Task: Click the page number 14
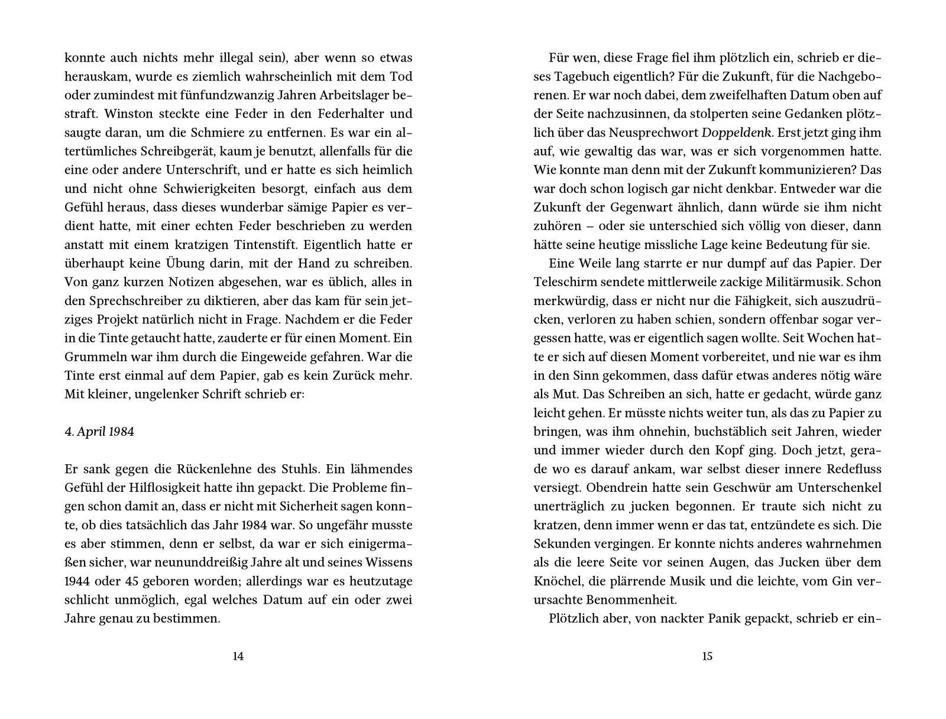tap(238, 656)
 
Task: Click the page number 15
tap(707, 656)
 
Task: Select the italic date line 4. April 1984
tap(99, 432)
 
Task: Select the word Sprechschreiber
tap(134, 301)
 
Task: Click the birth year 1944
tap(78, 581)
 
